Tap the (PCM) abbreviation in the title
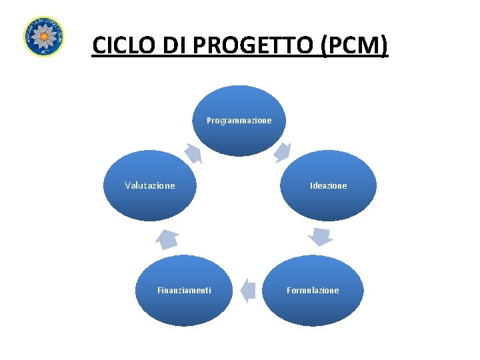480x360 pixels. [354, 45]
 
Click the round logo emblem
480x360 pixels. [43, 36]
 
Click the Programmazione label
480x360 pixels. [239, 121]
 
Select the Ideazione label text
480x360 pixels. [328, 186]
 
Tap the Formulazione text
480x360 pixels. [313, 291]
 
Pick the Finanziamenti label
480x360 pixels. [184, 291]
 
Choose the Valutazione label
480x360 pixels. [150, 186]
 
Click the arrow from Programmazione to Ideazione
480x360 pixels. [283, 152]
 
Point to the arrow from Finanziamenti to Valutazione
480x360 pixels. [168, 238]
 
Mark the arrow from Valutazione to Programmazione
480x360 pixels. [193, 153]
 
